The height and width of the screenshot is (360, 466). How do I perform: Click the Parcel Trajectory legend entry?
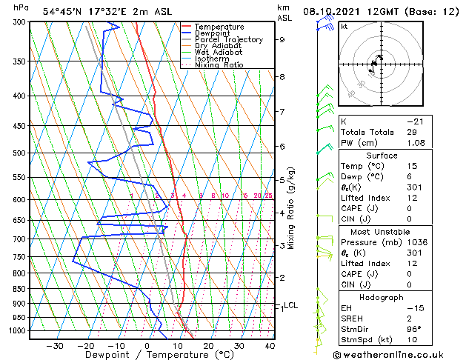[x=228, y=40]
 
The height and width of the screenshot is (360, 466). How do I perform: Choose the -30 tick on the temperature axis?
[x=55, y=345]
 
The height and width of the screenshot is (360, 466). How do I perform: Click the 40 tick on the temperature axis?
[x=270, y=345]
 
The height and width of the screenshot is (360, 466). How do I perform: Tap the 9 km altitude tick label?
[x=282, y=40]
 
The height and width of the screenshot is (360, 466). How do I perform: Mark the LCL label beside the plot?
[x=291, y=305]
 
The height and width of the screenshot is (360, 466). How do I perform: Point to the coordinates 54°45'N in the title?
[x=61, y=11]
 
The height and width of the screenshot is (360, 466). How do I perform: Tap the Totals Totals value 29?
[x=411, y=132]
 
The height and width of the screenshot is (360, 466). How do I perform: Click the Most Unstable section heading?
[x=381, y=231]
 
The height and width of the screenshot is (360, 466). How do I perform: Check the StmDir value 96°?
[x=414, y=329]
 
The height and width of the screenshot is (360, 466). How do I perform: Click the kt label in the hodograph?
[x=344, y=26]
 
